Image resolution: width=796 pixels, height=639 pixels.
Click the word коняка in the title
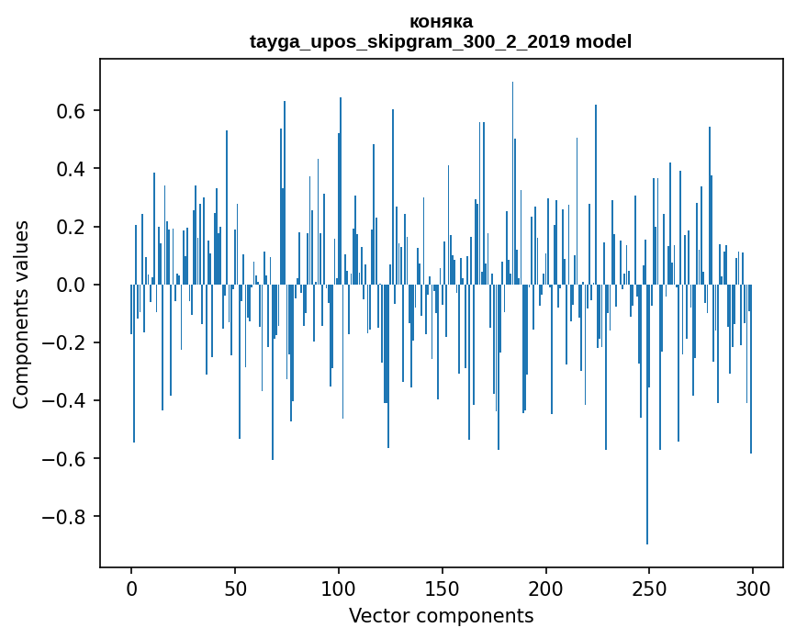coord(441,21)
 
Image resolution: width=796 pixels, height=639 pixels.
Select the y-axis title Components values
coord(21,314)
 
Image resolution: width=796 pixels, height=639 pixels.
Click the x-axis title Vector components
coord(441,615)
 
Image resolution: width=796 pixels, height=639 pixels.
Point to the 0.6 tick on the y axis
coord(73,111)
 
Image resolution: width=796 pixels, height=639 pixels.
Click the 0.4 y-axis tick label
coord(73,169)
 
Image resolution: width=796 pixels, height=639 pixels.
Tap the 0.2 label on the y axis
coord(73,227)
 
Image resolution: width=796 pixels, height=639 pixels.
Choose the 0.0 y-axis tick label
coord(73,285)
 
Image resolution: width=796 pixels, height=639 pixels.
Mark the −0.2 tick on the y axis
coord(68,342)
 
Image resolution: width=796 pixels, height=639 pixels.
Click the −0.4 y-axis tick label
coord(68,400)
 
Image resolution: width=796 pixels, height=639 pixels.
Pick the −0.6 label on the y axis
coord(68,458)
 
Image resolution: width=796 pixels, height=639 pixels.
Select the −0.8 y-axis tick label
coord(68,516)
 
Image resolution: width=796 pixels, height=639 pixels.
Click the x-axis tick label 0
coord(131,588)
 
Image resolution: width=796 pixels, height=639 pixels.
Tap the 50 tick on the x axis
coord(235,588)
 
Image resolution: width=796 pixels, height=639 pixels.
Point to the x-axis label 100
coord(339,588)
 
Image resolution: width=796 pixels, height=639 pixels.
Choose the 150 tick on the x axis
coord(443,588)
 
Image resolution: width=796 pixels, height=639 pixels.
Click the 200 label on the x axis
coord(546,588)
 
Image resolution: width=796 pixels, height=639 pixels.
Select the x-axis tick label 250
coord(649,588)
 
